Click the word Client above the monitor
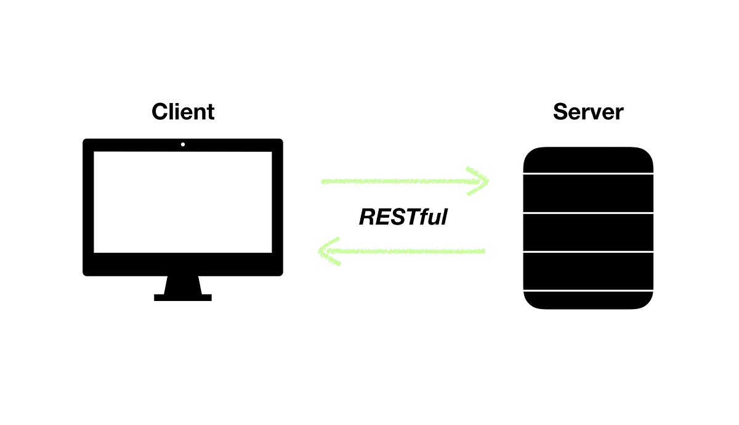(x=183, y=112)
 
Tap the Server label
(x=588, y=112)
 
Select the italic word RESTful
(x=403, y=217)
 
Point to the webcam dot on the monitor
(x=183, y=145)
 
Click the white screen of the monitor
(x=183, y=202)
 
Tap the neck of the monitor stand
(x=183, y=284)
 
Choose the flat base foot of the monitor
(x=183, y=297)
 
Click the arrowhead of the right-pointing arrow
(x=479, y=181)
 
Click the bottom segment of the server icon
(x=588, y=300)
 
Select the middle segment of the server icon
(x=588, y=233)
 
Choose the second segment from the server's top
(x=588, y=194)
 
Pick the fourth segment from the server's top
(x=588, y=271)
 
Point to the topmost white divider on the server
(x=588, y=175)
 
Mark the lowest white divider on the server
(x=588, y=290)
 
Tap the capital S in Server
(x=560, y=112)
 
